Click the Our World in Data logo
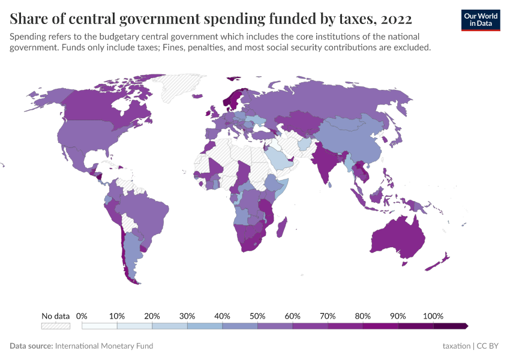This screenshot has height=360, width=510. point(480,20)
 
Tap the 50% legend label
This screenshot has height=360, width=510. point(257,316)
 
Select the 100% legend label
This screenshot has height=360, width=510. point(433,316)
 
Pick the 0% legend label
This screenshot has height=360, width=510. point(82,316)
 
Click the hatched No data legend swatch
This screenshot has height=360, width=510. point(55,326)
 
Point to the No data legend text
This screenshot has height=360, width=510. point(55,316)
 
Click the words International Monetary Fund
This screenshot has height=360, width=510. point(104,346)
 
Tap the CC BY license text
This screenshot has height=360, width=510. point(488,346)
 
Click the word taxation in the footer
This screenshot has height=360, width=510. point(456,346)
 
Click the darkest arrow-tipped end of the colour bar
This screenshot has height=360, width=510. point(464,326)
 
